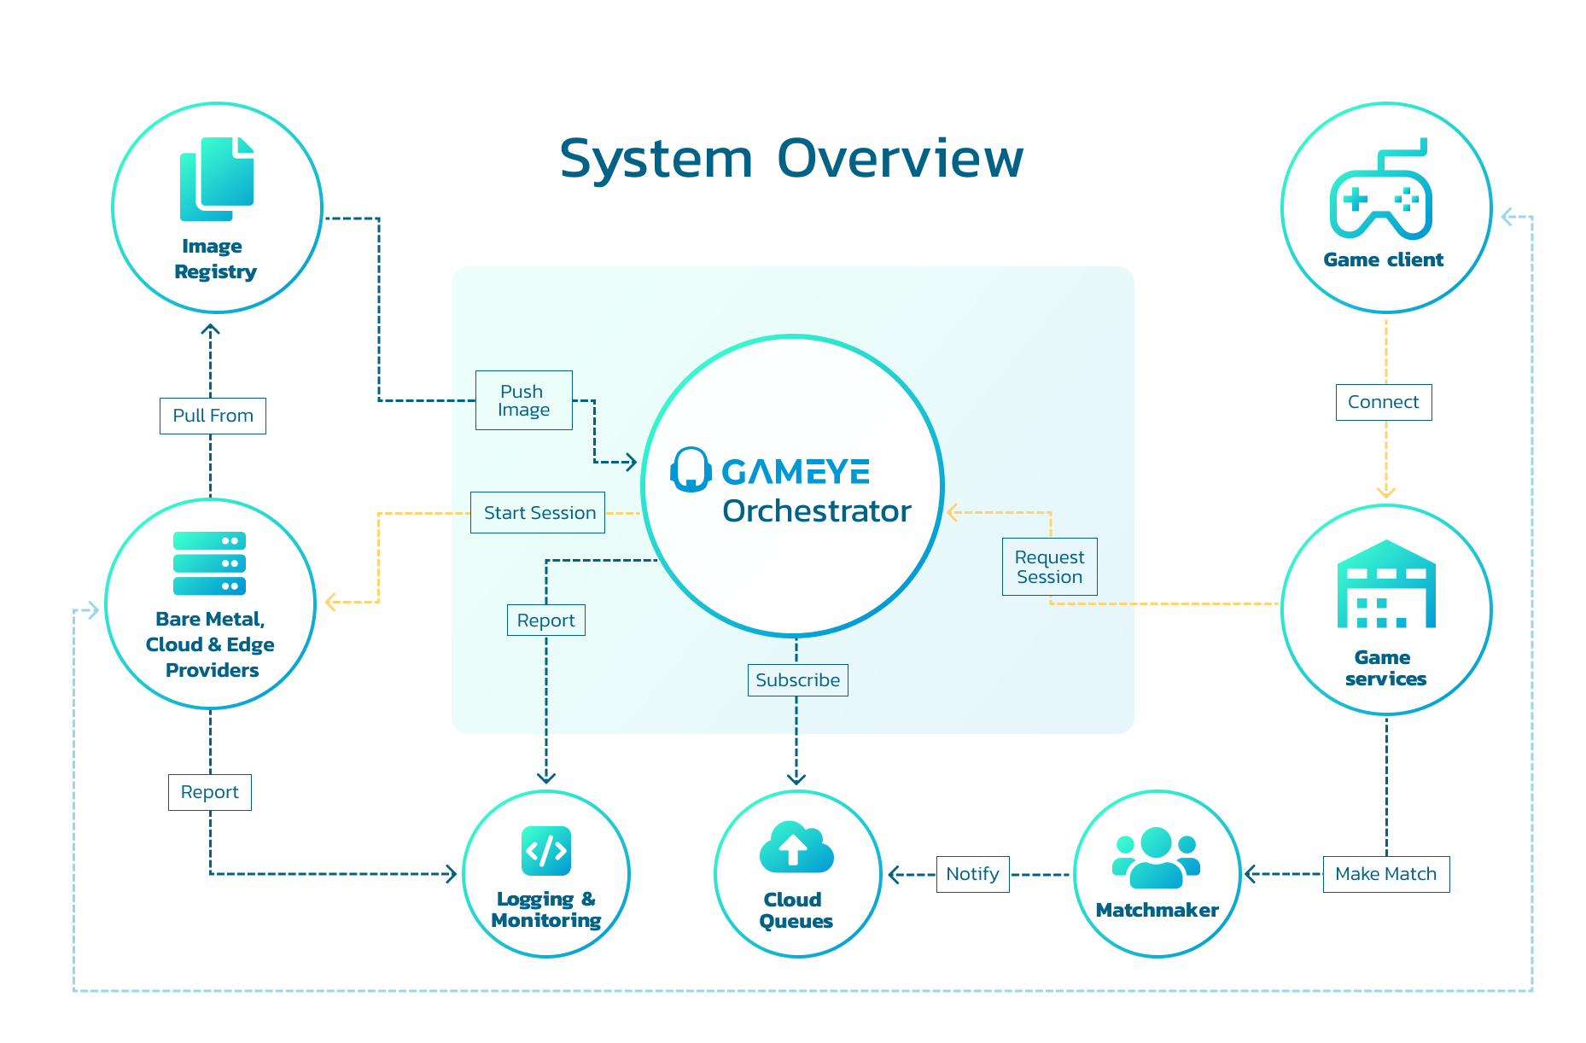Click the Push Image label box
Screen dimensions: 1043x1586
coord(523,400)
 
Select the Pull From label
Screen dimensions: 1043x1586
coord(213,416)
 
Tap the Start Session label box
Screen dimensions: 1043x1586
coord(538,513)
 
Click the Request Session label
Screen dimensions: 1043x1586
coord(1049,567)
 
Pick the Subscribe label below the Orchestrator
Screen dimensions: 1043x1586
coord(797,680)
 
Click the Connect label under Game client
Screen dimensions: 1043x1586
coord(1383,402)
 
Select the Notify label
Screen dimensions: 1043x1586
coord(972,874)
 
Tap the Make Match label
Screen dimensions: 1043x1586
coord(1385,874)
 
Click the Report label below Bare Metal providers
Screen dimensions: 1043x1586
coord(209,792)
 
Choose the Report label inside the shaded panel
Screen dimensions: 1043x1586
coord(545,621)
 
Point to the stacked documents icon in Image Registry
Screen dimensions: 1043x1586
coord(217,179)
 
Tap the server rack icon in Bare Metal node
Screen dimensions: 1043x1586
coord(209,563)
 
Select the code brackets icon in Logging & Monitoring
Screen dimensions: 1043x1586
coord(546,851)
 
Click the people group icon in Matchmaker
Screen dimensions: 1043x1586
coord(1156,858)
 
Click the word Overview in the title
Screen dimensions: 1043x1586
coord(900,159)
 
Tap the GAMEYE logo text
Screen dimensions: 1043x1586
coord(795,472)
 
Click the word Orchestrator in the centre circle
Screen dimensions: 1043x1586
coord(816,511)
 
